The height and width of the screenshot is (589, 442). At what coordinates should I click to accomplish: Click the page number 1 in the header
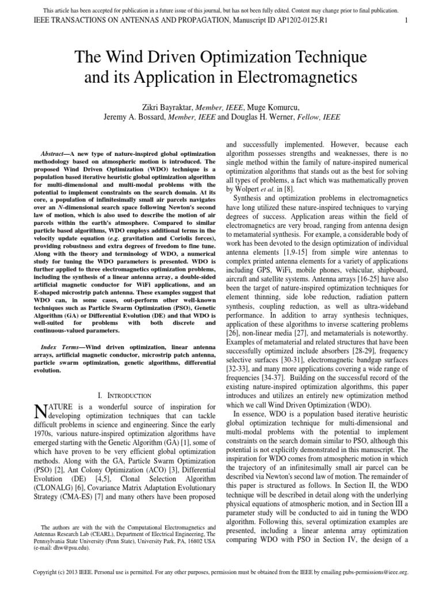coord(406,21)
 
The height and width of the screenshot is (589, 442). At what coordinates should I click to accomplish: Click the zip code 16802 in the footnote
coord(192,542)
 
